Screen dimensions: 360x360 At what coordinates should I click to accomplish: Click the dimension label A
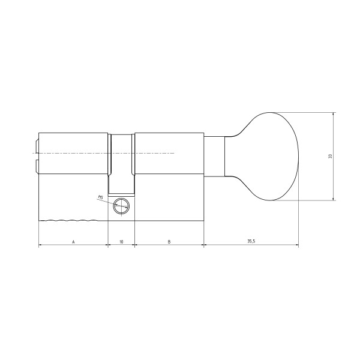73,242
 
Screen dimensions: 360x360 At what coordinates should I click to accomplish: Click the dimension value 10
121,242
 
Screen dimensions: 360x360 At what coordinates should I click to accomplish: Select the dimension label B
169,242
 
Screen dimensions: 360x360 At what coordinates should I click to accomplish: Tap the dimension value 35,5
251,241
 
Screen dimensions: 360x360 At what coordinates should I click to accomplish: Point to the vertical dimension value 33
330,157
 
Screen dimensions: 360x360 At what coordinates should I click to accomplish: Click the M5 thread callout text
100,197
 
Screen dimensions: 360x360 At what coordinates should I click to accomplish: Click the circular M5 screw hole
121,206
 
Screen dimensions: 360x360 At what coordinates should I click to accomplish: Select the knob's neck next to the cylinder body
214,157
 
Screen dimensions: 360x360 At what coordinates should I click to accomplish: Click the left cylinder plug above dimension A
73,153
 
